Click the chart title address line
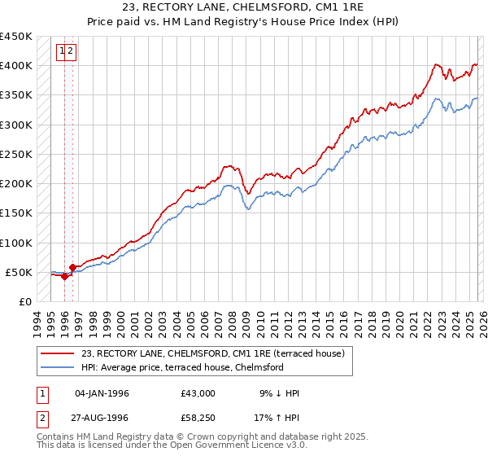point(243,9)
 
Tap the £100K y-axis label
point(16,243)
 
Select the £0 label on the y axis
point(25,301)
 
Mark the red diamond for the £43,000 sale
point(64,276)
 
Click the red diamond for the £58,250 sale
point(73,266)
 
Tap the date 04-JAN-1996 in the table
point(102,393)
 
